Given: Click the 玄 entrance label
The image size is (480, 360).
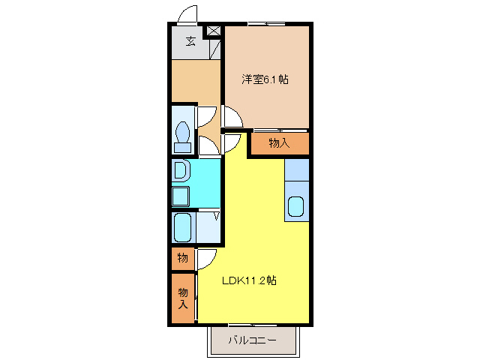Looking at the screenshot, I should coord(190,41).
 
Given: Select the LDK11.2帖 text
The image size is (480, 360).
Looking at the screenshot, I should coord(249,280).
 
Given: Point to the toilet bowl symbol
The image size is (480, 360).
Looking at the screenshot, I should coord(181,136).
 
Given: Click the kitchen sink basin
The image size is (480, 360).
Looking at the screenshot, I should coord(296,206).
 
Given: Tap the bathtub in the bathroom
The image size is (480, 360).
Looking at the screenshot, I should coord(183,226).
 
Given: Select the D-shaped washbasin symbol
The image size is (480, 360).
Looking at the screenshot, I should coord(181,172).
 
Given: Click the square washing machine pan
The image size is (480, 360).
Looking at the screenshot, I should coord(181,196).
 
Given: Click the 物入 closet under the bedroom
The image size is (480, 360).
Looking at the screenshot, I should coord(279,142).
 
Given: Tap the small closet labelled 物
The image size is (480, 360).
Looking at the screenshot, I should coord(182,258).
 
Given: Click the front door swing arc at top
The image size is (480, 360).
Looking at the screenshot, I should coord(188,15).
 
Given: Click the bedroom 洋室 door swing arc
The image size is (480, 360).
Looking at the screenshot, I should coord(232,116).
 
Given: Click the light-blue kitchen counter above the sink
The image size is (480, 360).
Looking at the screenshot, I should coord(296,170).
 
